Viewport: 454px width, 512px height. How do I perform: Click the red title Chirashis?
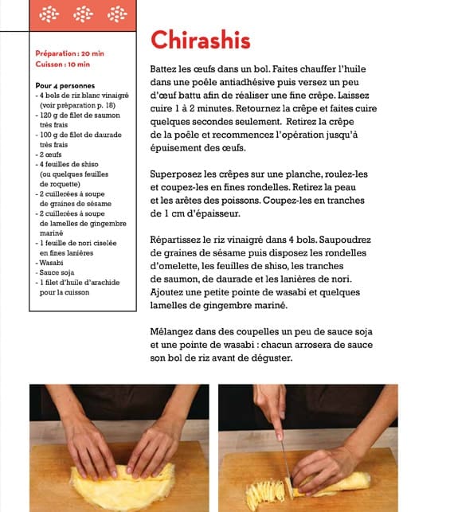[200, 40]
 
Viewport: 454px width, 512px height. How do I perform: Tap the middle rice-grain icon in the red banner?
[83, 14]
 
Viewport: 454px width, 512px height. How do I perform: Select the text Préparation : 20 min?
[69, 53]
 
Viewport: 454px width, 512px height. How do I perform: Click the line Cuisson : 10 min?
[62, 64]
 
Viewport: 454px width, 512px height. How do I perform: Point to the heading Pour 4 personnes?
[65, 86]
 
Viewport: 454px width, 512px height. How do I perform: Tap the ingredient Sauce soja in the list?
[57, 272]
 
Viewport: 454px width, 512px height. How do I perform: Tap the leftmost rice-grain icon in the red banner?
[49, 14]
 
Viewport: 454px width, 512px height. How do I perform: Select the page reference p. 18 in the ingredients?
[106, 105]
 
